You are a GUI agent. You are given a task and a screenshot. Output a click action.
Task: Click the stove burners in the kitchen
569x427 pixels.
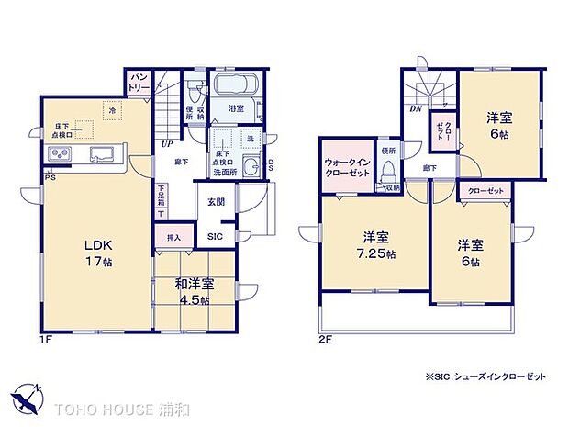(56, 152)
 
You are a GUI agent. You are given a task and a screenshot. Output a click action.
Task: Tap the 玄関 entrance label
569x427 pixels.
(216, 202)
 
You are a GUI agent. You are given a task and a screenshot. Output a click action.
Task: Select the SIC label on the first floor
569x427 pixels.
(214, 237)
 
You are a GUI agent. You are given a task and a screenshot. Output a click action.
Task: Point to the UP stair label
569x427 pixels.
(167, 144)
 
